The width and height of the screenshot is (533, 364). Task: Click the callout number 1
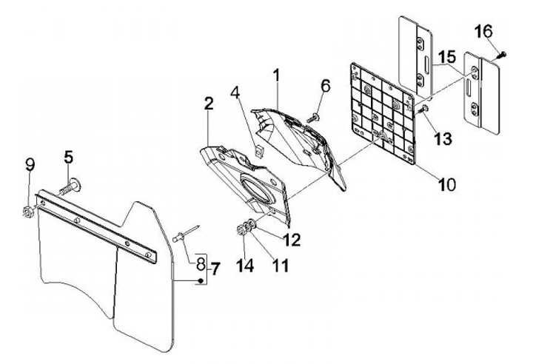pyautogui.click(x=275, y=75)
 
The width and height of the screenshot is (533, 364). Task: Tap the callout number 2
pyautogui.click(x=209, y=104)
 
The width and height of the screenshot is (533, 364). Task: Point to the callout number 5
pyautogui.click(x=69, y=157)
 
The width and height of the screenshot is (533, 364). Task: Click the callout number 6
pyautogui.click(x=324, y=86)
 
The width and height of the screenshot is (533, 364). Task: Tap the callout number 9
pyautogui.click(x=30, y=164)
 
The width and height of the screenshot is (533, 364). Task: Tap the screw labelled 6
pyautogui.click(x=315, y=115)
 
